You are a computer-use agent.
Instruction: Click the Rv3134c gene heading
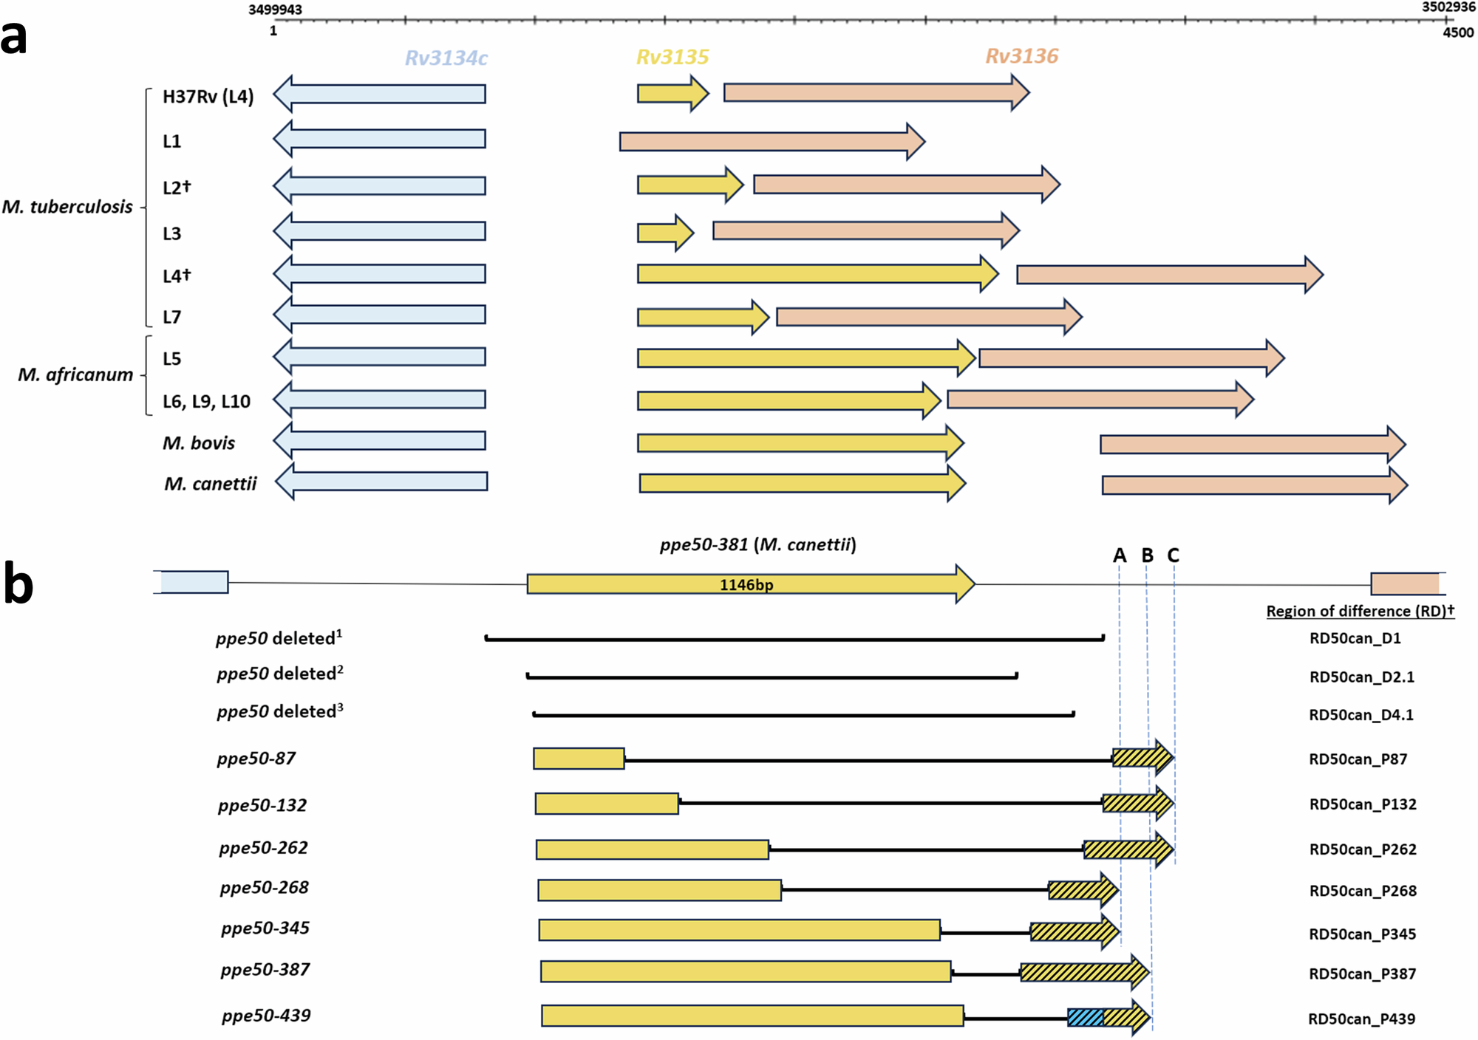446,58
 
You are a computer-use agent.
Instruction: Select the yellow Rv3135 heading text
672,57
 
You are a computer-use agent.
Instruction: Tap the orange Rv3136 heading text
1021,56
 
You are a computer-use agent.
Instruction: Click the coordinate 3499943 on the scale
275,10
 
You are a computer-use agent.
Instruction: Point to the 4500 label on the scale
1458,32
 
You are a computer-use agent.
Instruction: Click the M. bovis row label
199,443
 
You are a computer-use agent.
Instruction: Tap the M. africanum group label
75,375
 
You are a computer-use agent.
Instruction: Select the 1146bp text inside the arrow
746,585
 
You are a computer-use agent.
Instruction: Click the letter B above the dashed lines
1147,555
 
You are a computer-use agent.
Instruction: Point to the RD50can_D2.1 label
1361,677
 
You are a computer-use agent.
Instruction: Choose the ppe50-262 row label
263,848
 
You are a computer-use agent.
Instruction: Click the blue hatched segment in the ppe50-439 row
1085,1018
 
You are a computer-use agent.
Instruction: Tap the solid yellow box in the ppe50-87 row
579,759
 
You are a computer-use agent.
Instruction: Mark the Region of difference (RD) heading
1360,612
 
